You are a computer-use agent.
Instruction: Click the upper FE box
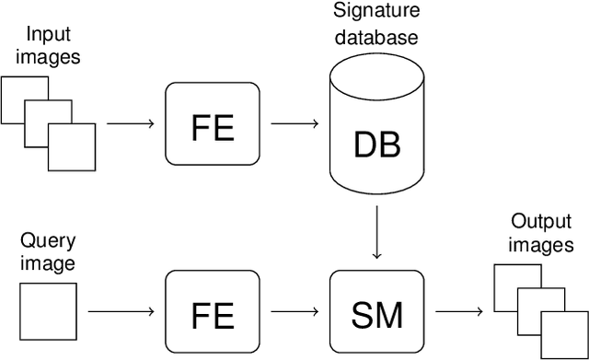(x=213, y=124)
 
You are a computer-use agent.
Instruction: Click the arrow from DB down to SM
(x=377, y=236)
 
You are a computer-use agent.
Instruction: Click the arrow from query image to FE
(x=131, y=313)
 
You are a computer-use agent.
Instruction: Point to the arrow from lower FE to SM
(x=294, y=313)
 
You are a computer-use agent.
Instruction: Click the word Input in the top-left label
(x=48, y=34)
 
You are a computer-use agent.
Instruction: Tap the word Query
(x=48, y=242)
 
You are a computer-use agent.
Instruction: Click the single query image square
(x=48, y=313)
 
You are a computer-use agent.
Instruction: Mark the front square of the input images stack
(x=73, y=147)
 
